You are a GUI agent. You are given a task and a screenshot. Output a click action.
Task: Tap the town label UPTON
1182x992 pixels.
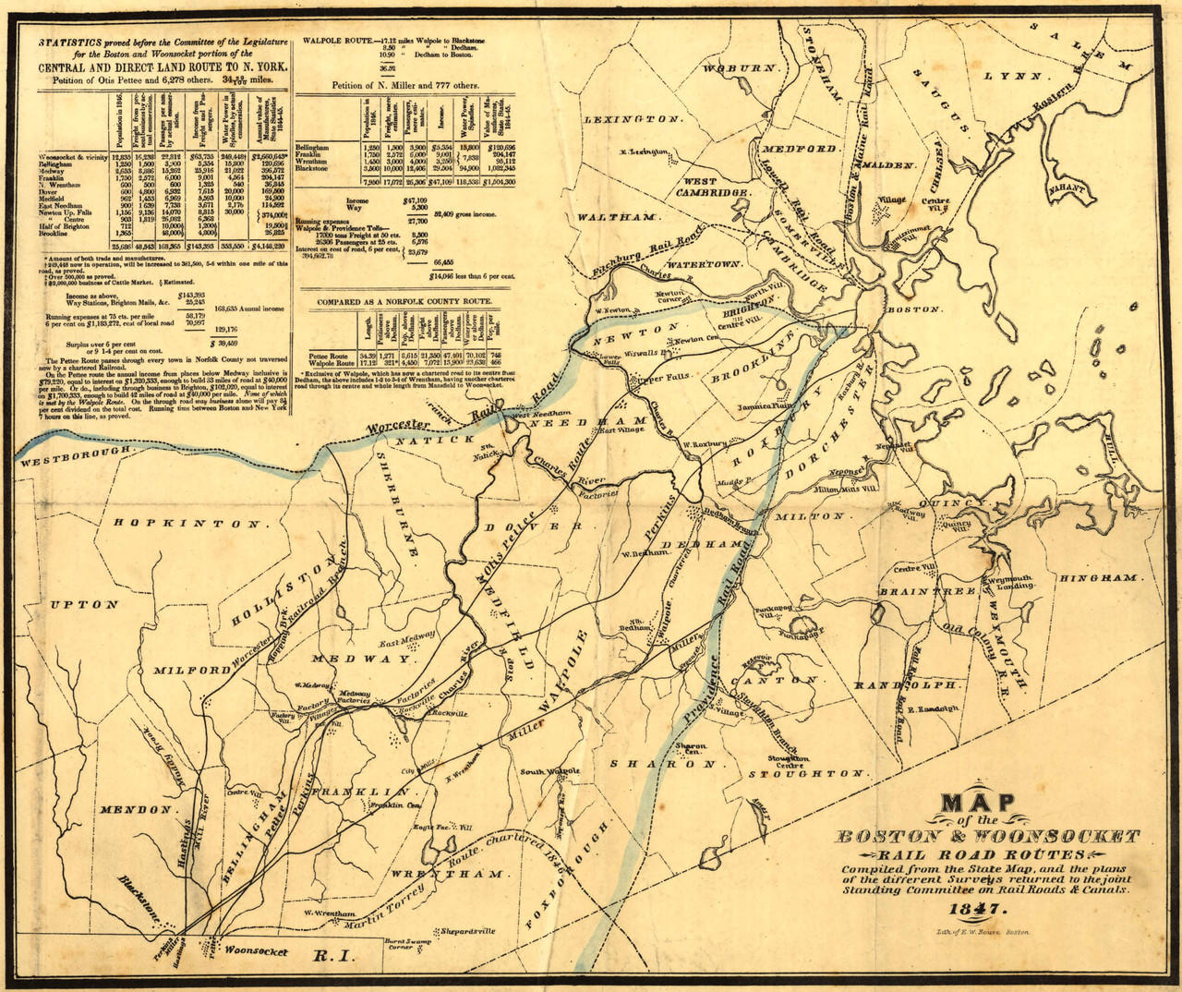coord(85,605)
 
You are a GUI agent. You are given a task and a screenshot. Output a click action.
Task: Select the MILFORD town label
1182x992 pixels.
coord(192,670)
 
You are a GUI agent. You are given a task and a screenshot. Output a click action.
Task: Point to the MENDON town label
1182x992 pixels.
coord(136,810)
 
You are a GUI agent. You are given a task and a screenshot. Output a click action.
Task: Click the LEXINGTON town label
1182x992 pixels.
coord(633,120)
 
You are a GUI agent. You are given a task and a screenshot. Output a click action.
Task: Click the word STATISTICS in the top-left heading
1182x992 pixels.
coord(79,43)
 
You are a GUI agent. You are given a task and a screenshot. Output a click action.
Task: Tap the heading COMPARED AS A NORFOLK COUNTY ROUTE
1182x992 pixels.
coord(410,302)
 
